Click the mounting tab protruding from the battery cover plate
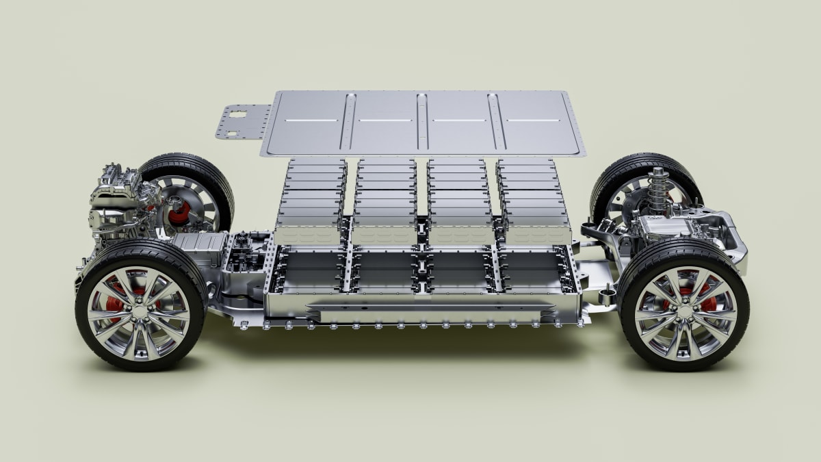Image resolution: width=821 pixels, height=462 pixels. pos(241,122)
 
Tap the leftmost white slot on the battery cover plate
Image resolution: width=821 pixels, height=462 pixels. pos(302,120)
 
